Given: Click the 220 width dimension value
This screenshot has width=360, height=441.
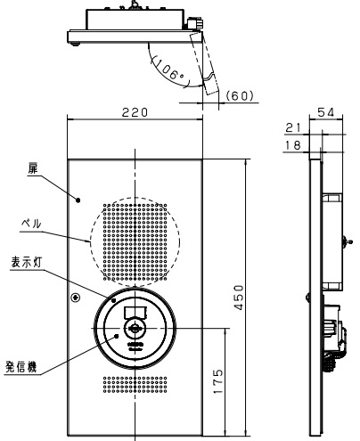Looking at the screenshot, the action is [135, 112].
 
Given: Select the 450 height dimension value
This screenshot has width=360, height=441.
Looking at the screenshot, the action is [238, 298].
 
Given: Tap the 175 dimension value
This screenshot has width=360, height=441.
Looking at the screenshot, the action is [217, 381].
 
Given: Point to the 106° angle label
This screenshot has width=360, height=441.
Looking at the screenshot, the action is [168, 70].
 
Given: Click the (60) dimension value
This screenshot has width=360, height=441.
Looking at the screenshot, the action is [240, 95].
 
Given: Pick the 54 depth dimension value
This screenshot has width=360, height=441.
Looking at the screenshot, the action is [326, 112].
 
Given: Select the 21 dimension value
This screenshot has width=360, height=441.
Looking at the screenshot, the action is [293, 127].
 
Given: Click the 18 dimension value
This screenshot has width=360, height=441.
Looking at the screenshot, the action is [293, 145].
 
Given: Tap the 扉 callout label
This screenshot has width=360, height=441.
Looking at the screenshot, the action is [33, 168].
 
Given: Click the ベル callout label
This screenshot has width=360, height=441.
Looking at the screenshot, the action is [31, 224].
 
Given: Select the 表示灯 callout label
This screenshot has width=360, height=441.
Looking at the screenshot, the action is [27, 263].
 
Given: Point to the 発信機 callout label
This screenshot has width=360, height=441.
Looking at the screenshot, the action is [21, 367].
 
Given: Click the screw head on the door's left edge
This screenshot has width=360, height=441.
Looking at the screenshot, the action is [76, 298].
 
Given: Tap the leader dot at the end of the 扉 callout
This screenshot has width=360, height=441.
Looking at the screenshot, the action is [78, 200].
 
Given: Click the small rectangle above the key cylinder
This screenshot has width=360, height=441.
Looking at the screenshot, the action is [135, 312].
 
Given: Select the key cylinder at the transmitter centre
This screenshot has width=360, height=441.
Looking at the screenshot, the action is [135, 328].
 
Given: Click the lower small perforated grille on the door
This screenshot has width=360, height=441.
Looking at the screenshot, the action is [135, 385].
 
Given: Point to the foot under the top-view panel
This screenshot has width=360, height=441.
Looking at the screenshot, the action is [76, 45].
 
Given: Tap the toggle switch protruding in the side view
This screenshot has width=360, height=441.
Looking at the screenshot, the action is [348, 241].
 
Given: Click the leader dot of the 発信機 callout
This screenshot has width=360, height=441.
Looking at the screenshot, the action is [117, 336].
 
